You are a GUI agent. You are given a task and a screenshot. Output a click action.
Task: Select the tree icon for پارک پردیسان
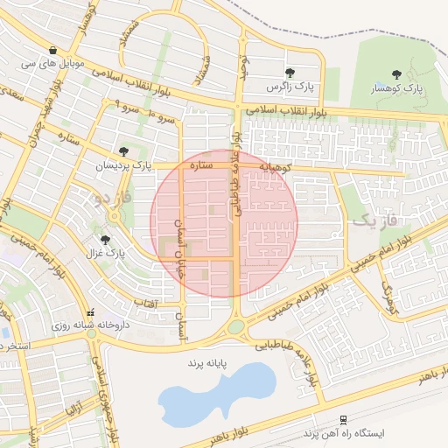[x=122, y=150]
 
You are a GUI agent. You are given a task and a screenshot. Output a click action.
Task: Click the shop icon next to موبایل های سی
[x=54, y=50]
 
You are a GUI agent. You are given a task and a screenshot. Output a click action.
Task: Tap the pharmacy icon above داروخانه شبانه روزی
[x=90, y=311]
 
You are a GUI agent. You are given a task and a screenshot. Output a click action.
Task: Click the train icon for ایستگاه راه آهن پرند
[x=343, y=420]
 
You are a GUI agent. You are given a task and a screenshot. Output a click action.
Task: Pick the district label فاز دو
[x=113, y=199]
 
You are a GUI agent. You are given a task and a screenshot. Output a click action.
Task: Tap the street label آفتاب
[x=144, y=302]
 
